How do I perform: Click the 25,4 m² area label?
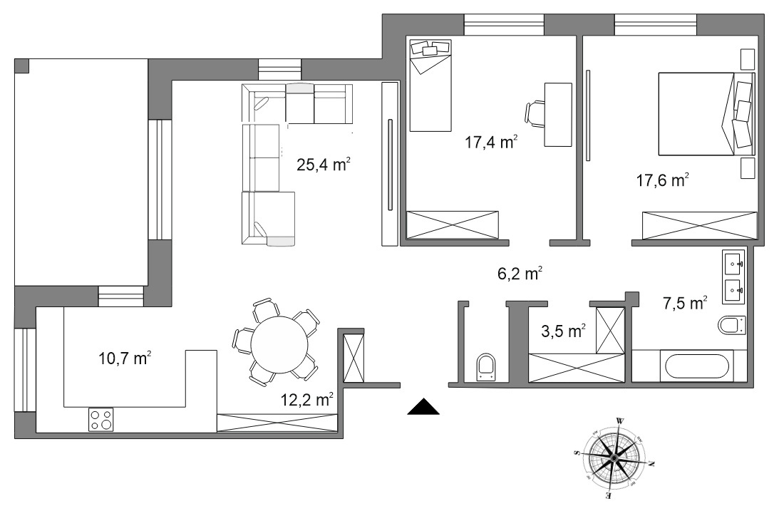324,164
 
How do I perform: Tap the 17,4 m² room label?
491,142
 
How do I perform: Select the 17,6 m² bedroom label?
662,180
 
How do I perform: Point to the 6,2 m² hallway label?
520,273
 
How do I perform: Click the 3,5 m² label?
563,331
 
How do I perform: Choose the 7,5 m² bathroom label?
685,302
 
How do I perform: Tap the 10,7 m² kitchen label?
125,358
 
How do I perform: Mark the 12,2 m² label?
306,398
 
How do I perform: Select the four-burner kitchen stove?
101,419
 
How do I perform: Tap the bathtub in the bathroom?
696,366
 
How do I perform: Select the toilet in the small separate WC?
485,367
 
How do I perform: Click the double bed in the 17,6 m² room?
706,114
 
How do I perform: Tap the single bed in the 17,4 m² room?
430,86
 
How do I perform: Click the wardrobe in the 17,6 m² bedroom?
699,226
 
